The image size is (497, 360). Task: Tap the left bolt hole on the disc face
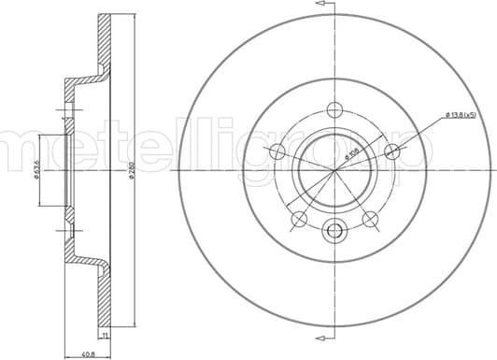(x=277, y=152)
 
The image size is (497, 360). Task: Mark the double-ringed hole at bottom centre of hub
(x=334, y=230)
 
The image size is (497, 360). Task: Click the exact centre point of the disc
(x=334, y=170)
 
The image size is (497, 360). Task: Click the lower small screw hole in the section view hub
(x=66, y=225)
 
